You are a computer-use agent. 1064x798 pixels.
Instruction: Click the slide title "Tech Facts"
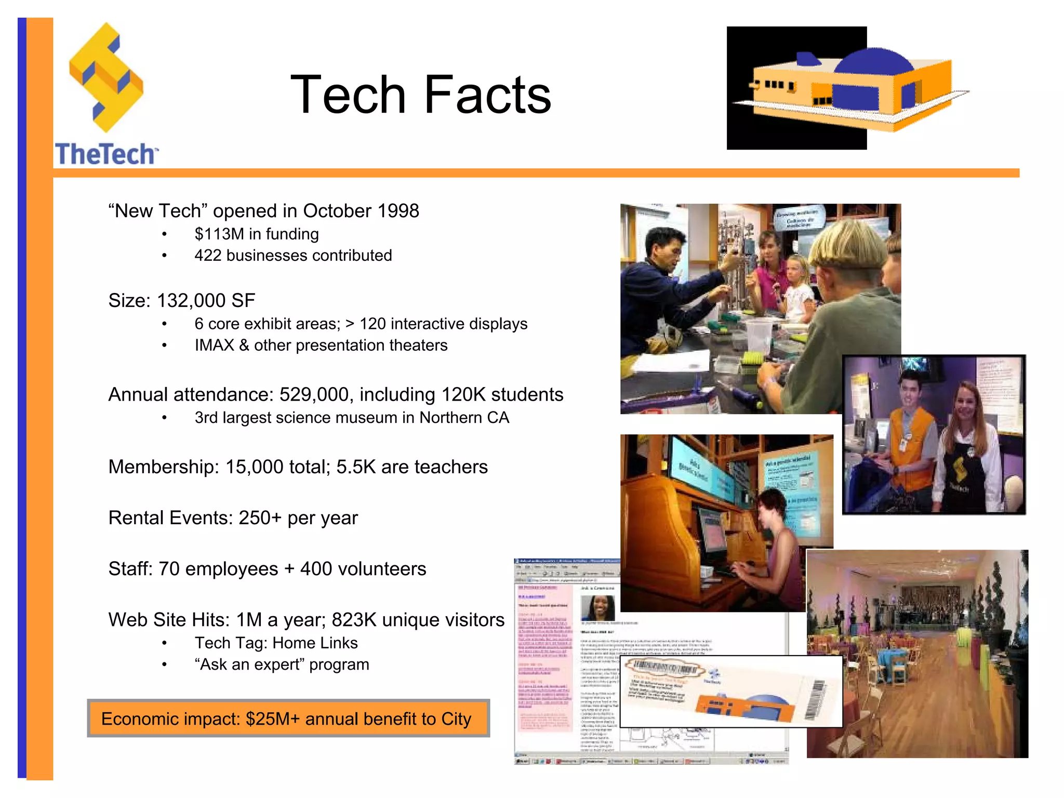(420, 95)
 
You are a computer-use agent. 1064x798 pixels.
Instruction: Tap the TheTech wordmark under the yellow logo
(105, 154)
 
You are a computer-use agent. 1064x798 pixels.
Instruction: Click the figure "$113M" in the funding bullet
(219, 234)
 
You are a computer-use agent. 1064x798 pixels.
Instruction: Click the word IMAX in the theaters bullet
(214, 345)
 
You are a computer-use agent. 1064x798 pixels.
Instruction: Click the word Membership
(163, 467)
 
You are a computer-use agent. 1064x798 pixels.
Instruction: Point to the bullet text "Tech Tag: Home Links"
(276, 643)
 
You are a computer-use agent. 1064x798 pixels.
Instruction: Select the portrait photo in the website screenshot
(597, 607)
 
